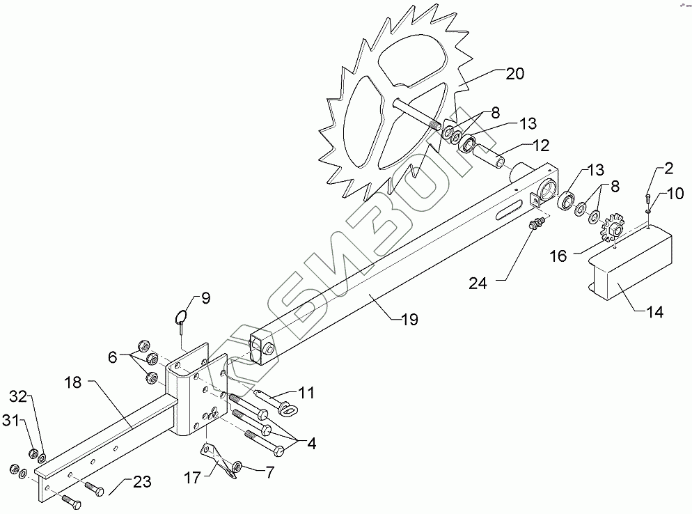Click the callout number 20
[x=516, y=74]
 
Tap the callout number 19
[x=409, y=320]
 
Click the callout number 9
[x=205, y=299]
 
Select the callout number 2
[x=668, y=168]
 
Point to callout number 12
[x=540, y=146]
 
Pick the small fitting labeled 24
[x=535, y=225]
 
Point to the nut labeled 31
[x=31, y=454]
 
